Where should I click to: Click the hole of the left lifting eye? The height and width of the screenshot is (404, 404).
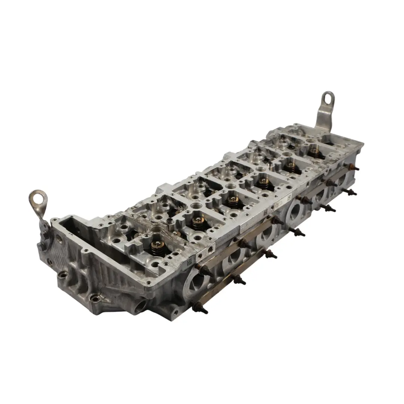(x=38, y=198)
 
